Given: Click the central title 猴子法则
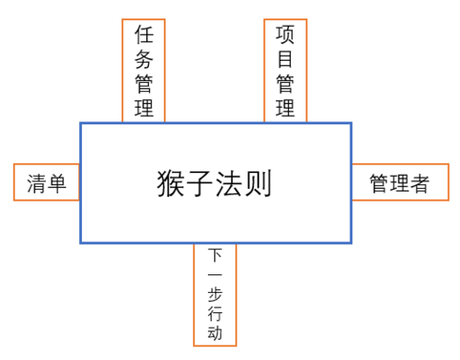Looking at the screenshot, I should pyautogui.click(x=214, y=183).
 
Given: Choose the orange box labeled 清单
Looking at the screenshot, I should pyautogui.click(x=46, y=182).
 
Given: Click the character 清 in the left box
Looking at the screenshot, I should pyautogui.click(x=36, y=183).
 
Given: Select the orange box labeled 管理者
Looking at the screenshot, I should pyautogui.click(x=399, y=182).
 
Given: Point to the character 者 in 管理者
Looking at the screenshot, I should pyautogui.click(x=420, y=183).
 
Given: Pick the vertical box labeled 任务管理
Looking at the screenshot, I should pyautogui.click(x=144, y=71).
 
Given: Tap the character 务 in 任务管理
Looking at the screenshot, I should pyautogui.click(x=144, y=60).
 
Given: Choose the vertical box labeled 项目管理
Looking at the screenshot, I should pyautogui.click(x=285, y=71).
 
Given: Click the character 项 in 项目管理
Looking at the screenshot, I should pyautogui.click(x=285, y=35).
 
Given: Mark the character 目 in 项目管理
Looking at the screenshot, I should pyautogui.click(x=285, y=60).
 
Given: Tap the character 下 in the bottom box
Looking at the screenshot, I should pyautogui.click(x=215, y=255).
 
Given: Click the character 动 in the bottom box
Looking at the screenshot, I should pyautogui.click(x=215, y=333).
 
